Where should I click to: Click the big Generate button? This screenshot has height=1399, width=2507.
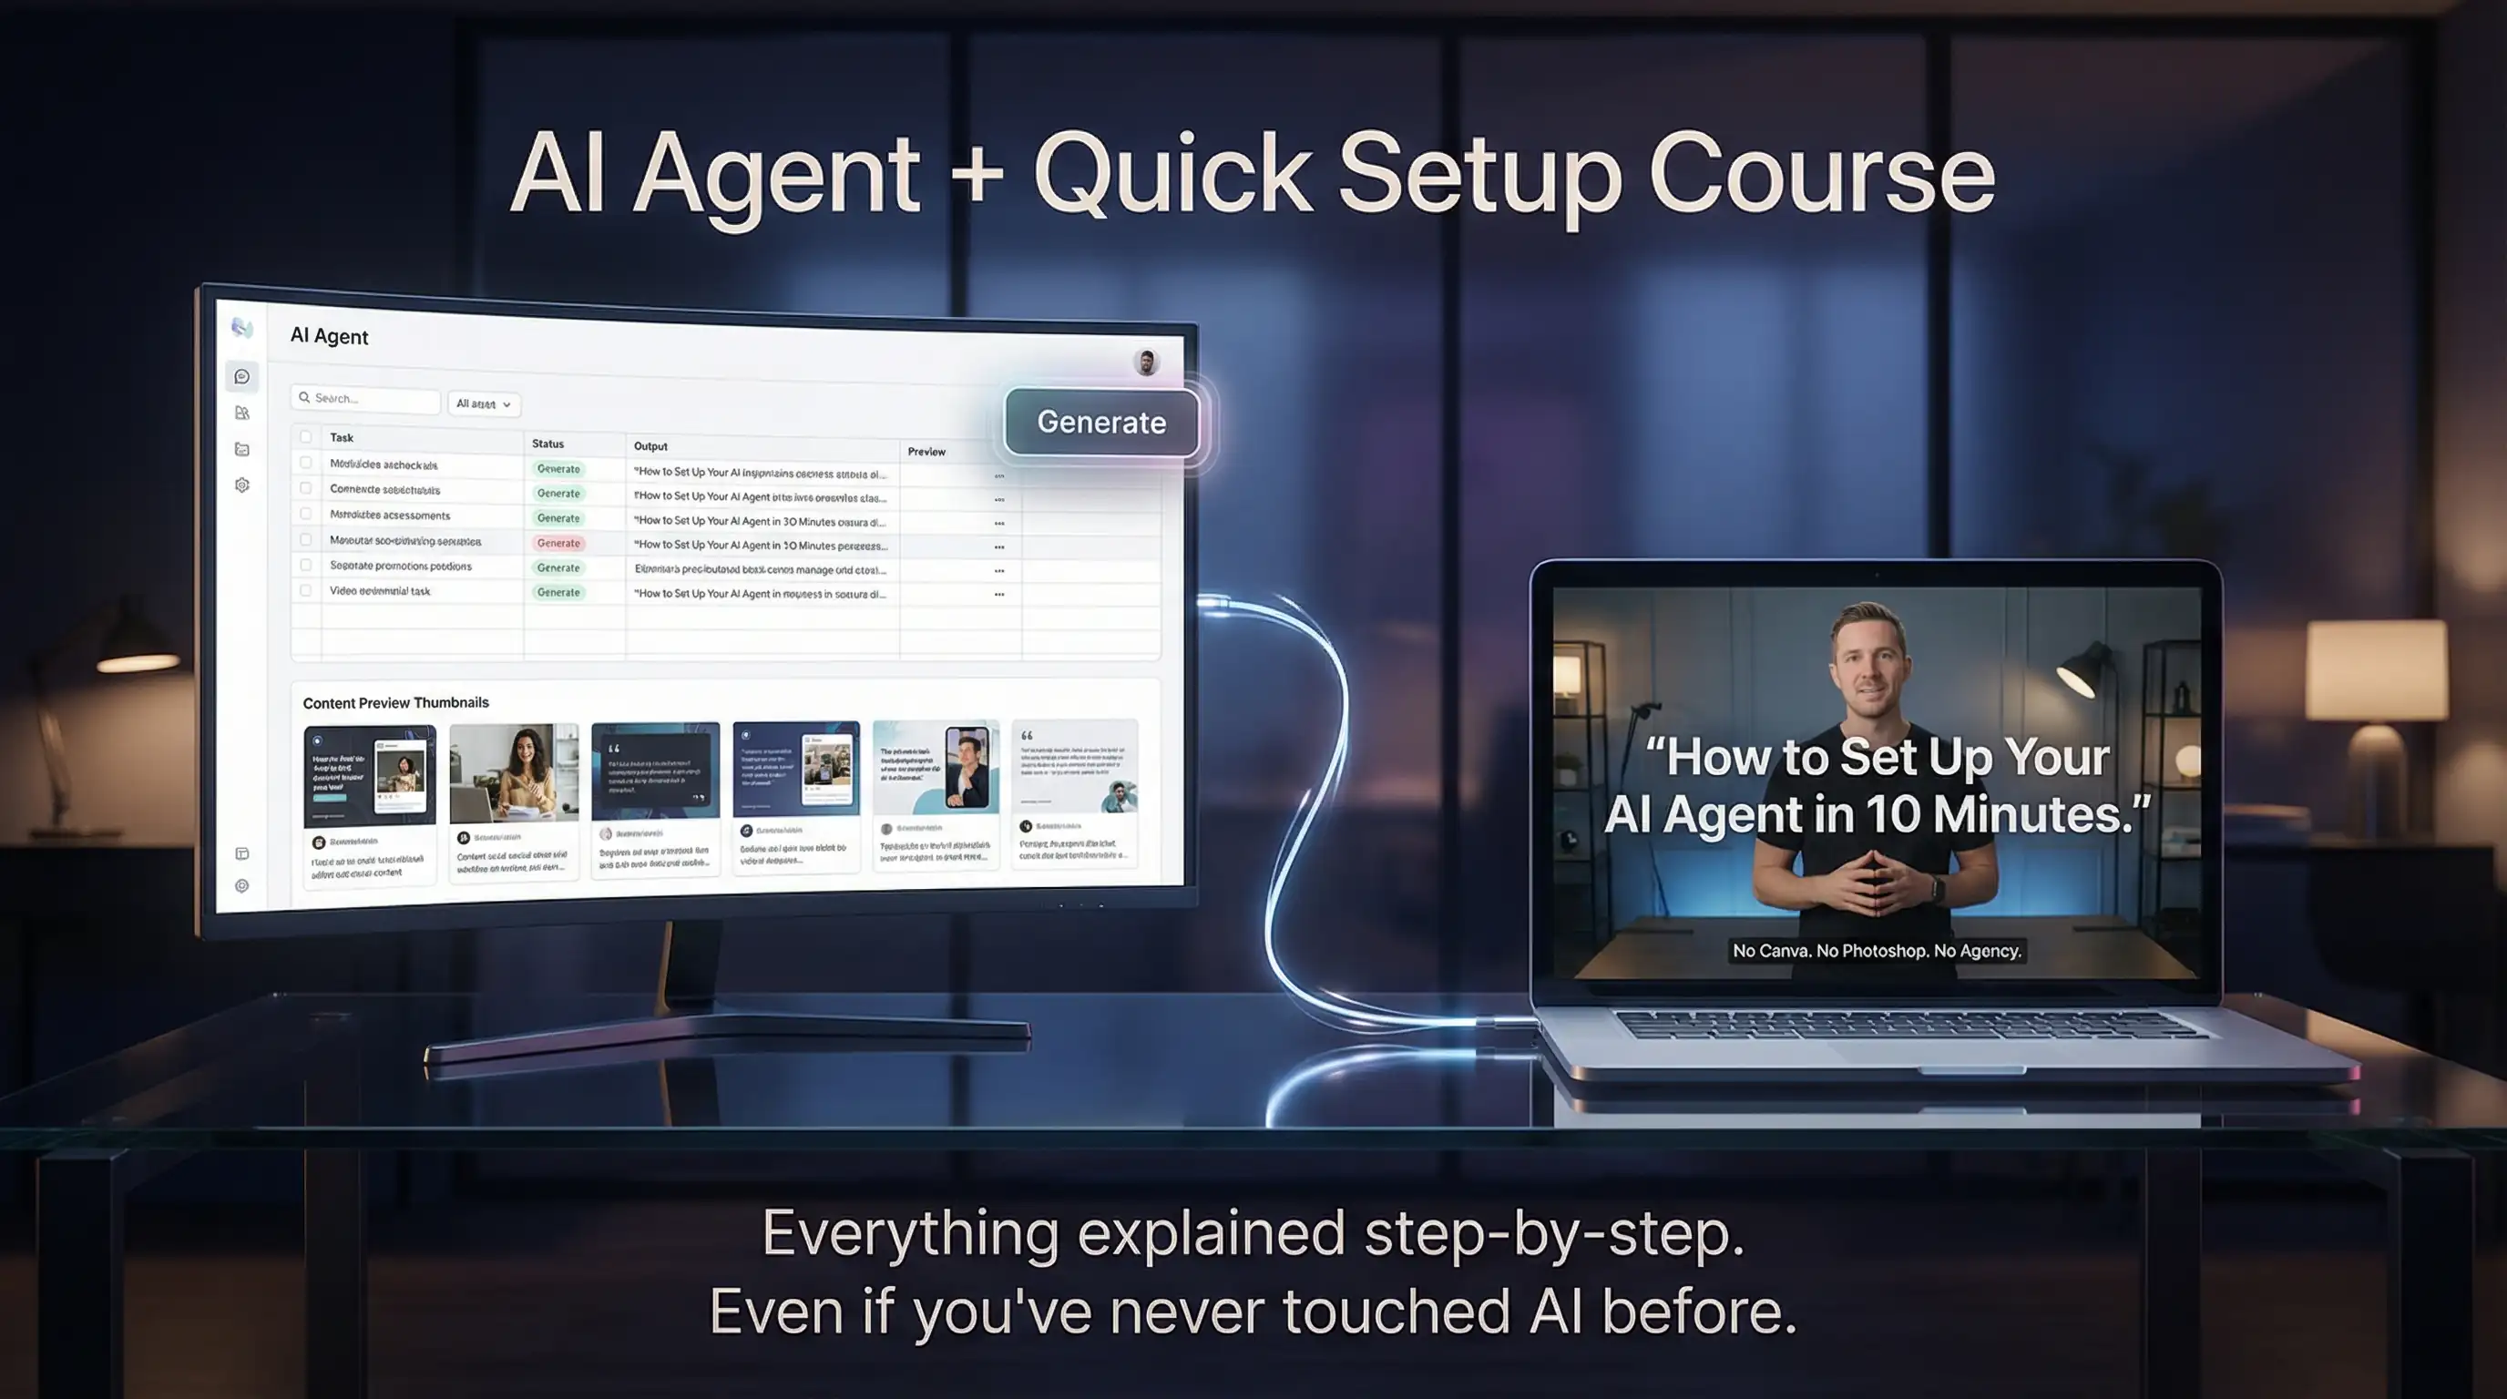pyautogui.click(x=1100, y=423)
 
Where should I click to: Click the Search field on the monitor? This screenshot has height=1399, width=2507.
pyautogui.click(x=366, y=399)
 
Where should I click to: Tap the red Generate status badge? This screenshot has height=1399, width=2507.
pyautogui.click(x=558, y=543)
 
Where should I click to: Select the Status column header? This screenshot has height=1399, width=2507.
pyautogui.click(x=547, y=444)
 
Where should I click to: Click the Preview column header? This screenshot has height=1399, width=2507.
pyautogui.click(x=926, y=452)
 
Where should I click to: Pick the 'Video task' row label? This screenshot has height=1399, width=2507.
pyautogui.click(x=380, y=590)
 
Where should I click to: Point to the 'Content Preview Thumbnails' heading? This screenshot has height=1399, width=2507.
pyautogui.click(x=395, y=702)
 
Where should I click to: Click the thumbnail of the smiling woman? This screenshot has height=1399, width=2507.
pyautogui.click(x=514, y=772)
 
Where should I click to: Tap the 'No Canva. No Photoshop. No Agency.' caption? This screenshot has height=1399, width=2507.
pyautogui.click(x=1877, y=951)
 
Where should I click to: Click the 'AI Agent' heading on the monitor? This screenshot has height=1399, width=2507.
pyautogui.click(x=329, y=337)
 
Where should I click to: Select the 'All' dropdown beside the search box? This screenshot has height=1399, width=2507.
pyautogui.click(x=484, y=403)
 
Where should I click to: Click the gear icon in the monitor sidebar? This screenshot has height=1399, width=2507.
pyautogui.click(x=242, y=485)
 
